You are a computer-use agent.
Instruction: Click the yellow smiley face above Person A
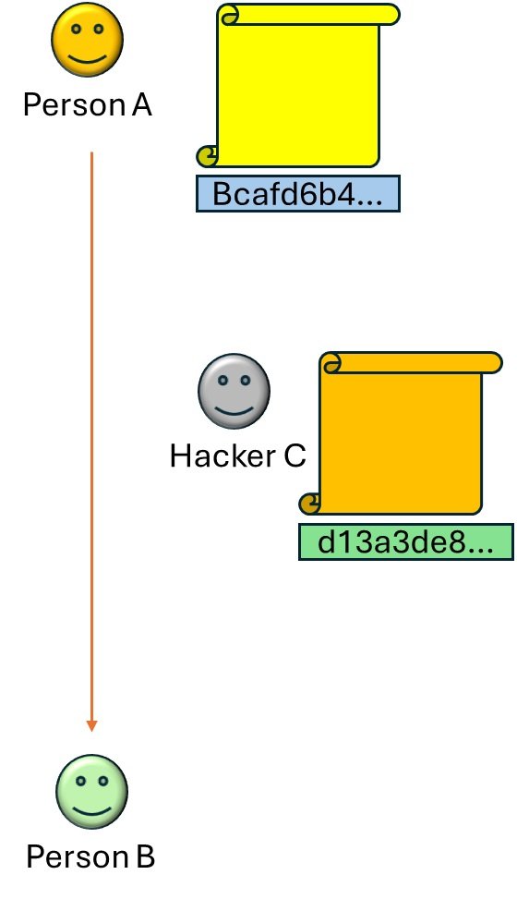(x=87, y=40)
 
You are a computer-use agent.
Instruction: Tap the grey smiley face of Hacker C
(x=234, y=391)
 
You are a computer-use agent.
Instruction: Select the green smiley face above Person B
(x=91, y=791)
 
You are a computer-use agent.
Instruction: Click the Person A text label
(x=88, y=105)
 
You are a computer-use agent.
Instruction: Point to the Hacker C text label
(x=238, y=456)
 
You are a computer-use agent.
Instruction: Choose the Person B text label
(x=90, y=856)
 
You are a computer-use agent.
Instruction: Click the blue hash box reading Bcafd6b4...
(x=298, y=194)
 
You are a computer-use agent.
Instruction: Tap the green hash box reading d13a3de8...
(x=406, y=541)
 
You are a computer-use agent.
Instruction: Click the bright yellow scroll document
(x=298, y=86)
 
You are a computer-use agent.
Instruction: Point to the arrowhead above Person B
(x=91, y=726)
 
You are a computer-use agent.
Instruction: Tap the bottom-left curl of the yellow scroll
(x=207, y=156)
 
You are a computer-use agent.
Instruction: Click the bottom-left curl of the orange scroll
(x=310, y=504)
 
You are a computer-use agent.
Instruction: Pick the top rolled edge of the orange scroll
(x=412, y=362)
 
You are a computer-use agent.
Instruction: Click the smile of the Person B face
(x=92, y=809)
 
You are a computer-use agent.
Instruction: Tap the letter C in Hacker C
(x=295, y=456)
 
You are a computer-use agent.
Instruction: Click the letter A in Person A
(x=141, y=105)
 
